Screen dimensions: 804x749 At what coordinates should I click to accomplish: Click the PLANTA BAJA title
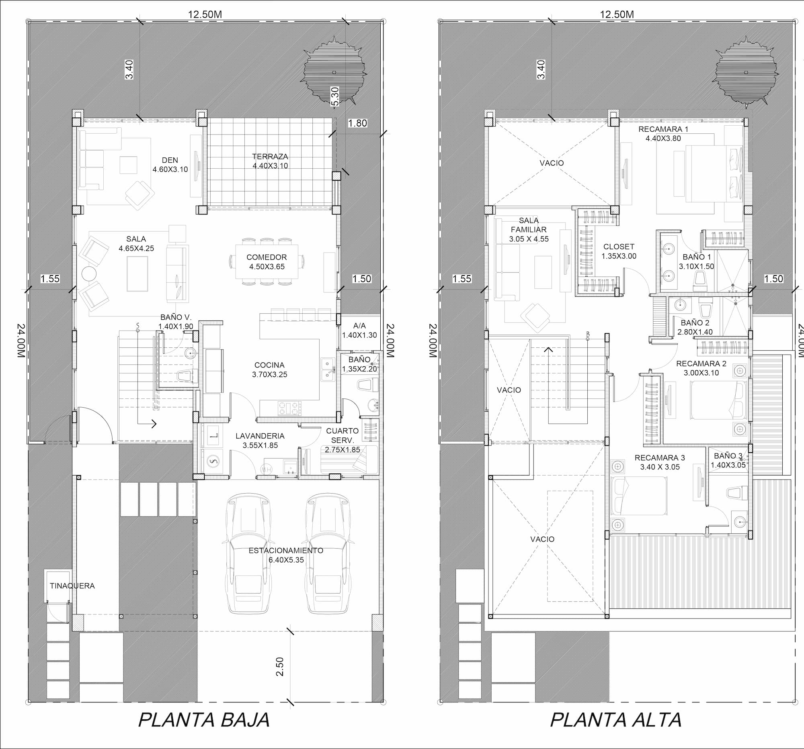pos(204,720)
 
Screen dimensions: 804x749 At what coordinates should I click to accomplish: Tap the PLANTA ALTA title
pos(615,720)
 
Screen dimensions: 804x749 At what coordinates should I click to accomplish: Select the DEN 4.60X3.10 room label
pos(170,165)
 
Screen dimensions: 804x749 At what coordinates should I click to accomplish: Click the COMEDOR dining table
pos(267,261)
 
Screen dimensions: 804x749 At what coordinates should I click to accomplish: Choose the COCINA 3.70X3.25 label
pos(270,369)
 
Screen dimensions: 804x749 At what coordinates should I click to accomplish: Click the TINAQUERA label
pos(72,586)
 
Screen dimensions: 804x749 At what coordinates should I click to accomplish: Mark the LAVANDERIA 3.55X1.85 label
pos(260,441)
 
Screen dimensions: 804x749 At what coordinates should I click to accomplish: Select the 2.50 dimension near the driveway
pos(280,667)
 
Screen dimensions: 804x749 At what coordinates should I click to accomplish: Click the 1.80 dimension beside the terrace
pos(357,123)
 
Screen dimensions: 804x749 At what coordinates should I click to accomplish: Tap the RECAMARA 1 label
pos(663,129)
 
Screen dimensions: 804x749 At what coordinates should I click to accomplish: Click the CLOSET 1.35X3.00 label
pos(619,251)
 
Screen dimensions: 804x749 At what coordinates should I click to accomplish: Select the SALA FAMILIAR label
pos(529,225)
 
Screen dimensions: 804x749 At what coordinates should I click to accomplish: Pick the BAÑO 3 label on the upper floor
pos(728,456)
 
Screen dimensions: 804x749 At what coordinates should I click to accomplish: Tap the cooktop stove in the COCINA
pos(289,408)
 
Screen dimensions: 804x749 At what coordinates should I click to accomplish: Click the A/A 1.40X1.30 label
pos(359,330)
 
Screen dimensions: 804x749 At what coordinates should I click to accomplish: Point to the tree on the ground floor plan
pos(335,73)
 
